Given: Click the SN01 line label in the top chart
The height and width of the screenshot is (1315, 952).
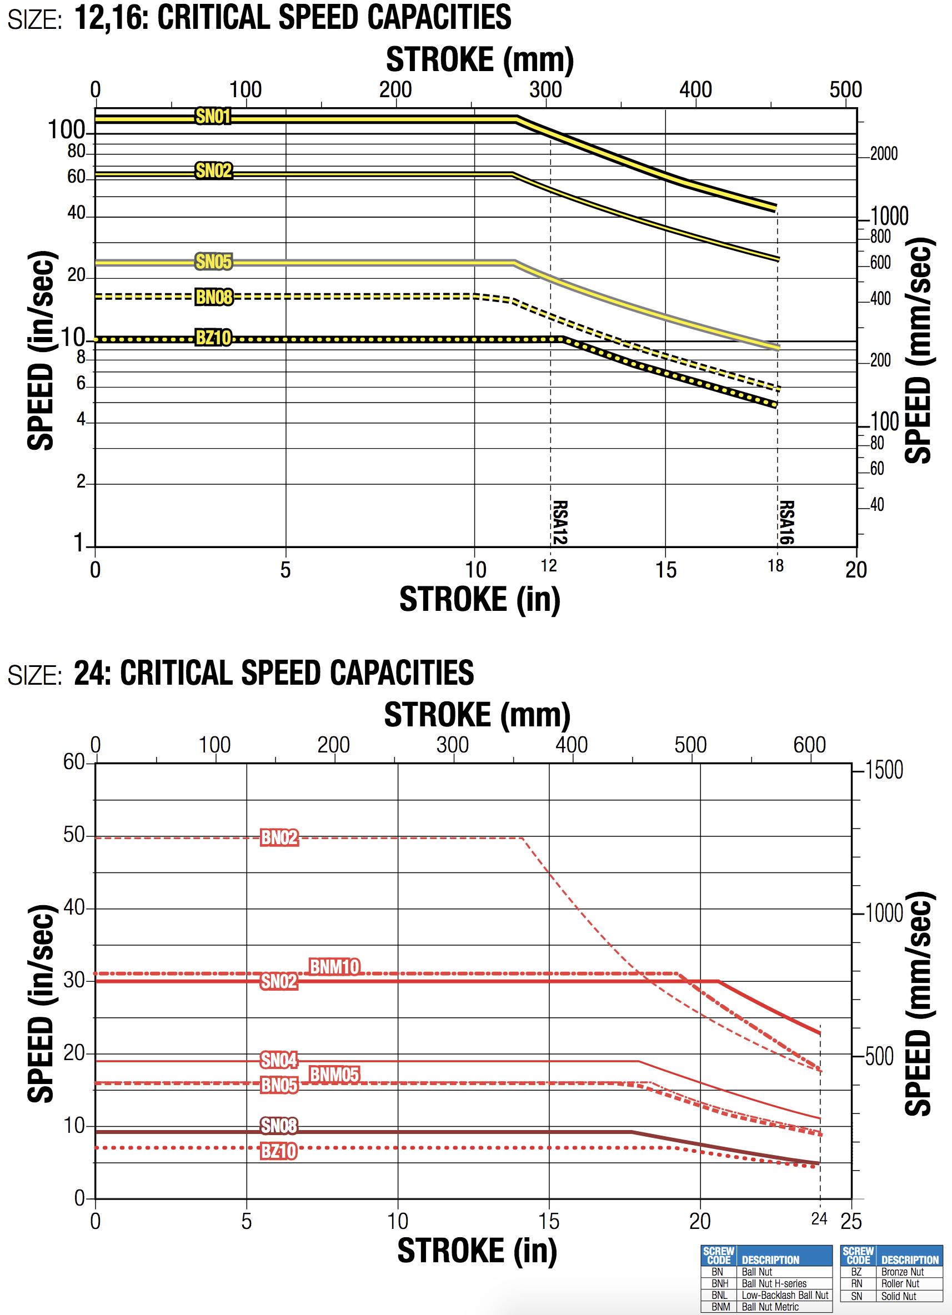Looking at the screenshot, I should click(x=213, y=117).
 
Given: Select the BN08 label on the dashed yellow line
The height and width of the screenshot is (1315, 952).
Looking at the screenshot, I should click(x=213, y=297).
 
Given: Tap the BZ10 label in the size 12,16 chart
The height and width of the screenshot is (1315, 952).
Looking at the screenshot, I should click(x=213, y=338).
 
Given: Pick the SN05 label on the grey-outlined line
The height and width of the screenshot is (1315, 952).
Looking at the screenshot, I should click(x=213, y=262).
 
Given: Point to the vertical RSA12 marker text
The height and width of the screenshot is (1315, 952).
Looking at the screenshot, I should click(x=559, y=523).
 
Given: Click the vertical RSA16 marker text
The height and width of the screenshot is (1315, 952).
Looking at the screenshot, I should click(x=785, y=523).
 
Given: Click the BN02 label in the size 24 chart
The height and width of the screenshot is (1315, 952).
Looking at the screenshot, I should click(x=279, y=838).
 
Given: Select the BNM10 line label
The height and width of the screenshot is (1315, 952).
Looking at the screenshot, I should click(x=334, y=967).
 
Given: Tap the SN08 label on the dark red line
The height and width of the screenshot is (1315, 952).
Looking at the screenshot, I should click(x=279, y=1126).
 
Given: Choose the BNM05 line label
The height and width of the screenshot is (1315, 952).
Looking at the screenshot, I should click(x=334, y=1075).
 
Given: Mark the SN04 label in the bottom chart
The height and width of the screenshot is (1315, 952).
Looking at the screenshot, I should click(x=279, y=1061).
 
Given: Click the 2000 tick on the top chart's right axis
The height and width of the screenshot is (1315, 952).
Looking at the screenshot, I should click(x=884, y=154).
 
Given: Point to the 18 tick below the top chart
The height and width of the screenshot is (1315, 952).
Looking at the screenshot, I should click(x=776, y=566).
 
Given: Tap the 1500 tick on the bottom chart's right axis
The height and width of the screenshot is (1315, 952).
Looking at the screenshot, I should click(x=884, y=770).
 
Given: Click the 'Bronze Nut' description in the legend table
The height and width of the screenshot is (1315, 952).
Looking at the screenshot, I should click(x=902, y=1272).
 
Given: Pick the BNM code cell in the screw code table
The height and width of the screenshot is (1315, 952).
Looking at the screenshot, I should click(x=720, y=1307).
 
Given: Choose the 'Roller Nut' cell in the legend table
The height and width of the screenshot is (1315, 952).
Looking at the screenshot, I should click(x=900, y=1284).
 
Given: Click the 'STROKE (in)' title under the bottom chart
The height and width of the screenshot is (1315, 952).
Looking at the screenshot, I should click(x=477, y=1251).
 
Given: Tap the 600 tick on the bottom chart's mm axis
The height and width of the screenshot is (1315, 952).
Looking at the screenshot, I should click(x=809, y=745).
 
